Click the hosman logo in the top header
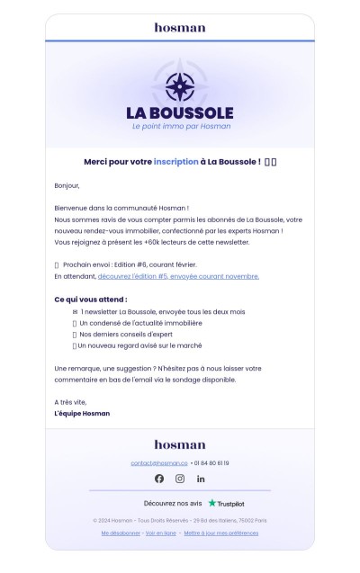tap(180, 28)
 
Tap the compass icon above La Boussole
tap(180, 85)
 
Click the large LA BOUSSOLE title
tap(180, 113)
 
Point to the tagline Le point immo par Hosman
tap(180, 126)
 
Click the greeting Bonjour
tap(67, 186)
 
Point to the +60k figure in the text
tap(168, 242)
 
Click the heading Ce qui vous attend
tap(91, 299)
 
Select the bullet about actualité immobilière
tap(140, 322)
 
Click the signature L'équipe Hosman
tap(82, 414)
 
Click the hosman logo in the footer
tap(180, 444)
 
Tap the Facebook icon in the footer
tap(159, 479)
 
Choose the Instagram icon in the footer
tap(180, 479)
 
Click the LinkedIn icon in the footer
tap(201, 479)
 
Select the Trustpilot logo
tap(227, 504)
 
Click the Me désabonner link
tap(121, 533)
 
